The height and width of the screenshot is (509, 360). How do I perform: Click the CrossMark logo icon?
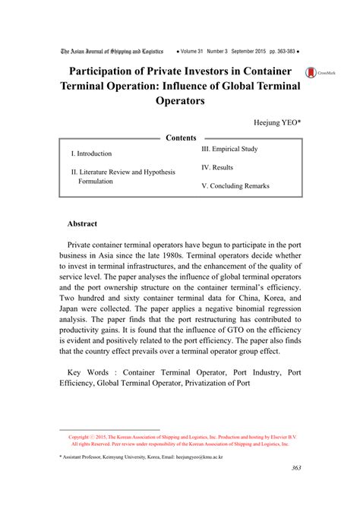311,72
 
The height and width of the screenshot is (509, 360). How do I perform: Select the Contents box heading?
180,138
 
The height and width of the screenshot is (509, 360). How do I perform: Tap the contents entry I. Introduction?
92,153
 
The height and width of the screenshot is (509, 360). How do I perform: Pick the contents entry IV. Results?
217,167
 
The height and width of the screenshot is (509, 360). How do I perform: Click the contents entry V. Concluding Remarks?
235,186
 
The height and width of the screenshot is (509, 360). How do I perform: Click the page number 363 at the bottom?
296,488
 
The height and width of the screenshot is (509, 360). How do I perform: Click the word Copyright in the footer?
81,438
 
